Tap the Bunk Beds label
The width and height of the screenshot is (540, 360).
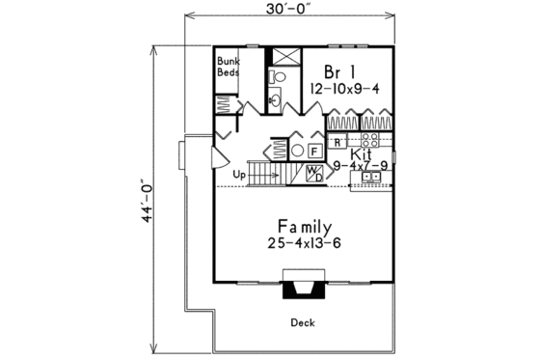(x=228, y=66)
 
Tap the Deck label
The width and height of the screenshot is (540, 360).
(x=302, y=323)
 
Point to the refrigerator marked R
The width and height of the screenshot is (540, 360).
(x=338, y=143)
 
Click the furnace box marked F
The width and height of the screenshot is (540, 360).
(x=313, y=150)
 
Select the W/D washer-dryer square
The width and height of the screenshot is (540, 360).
(x=315, y=174)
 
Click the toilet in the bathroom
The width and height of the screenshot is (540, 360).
(x=273, y=75)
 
